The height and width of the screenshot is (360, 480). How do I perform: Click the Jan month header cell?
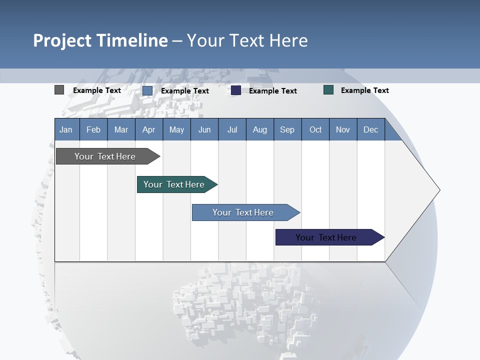tap(66, 129)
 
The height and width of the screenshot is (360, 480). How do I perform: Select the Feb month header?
tap(93, 129)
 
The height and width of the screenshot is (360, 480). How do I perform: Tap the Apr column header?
tap(148, 129)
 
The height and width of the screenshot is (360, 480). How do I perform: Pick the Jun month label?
tap(204, 129)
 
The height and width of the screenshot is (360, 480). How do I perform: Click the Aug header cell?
tap(259, 129)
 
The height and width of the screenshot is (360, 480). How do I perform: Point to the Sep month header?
tap(287, 129)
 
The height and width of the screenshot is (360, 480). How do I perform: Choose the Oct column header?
tap(315, 129)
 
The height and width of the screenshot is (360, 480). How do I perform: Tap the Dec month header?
tap(370, 129)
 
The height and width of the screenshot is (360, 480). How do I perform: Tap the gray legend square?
tap(59, 90)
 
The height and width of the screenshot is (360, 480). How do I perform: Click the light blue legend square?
tap(147, 90)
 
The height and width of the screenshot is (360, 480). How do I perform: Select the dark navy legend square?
tap(236, 90)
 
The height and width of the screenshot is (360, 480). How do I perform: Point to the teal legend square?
tap(328, 90)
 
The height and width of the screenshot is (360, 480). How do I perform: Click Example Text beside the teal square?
tap(364, 90)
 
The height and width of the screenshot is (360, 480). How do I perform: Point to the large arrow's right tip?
tap(439, 190)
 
